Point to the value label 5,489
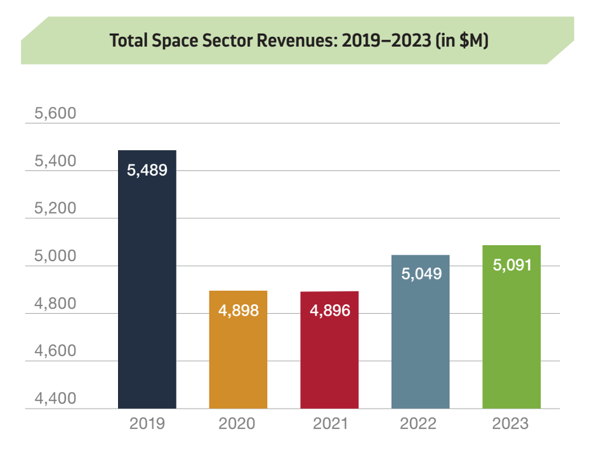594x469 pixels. click(x=147, y=170)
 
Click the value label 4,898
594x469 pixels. click(x=238, y=311)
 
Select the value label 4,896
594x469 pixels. click(x=329, y=311)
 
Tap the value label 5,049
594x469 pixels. click(x=420, y=274)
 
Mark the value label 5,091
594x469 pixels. click(x=511, y=264)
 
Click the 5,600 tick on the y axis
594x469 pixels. click(x=55, y=113)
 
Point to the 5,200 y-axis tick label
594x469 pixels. click(x=55, y=209)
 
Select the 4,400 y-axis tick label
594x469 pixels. click(x=55, y=399)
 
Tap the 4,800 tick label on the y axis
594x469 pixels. click(x=55, y=304)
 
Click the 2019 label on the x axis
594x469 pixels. click(x=147, y=423)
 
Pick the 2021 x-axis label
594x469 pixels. click(x=330, y=423)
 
